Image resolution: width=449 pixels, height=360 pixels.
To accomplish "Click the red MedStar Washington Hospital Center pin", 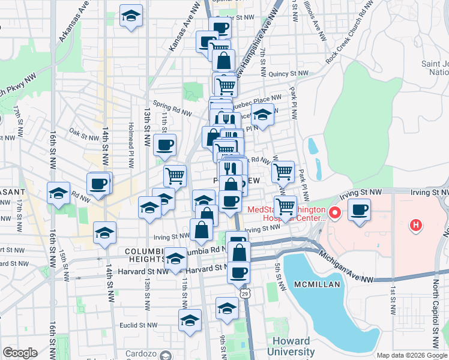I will click(x=335, y=213).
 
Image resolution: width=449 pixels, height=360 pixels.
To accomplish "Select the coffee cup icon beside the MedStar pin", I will click(x=359, y=211).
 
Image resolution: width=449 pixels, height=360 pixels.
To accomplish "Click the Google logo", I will click(x=20, y=353).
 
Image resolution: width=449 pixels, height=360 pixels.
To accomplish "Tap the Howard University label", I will click(x=291, y=346).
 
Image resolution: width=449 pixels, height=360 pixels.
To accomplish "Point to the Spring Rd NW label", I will click(x=172, y=108).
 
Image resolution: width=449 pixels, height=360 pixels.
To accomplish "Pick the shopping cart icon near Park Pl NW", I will click(x=283, y=172).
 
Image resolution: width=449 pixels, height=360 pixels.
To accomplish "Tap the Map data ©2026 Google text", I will click(x=412, y=355).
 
